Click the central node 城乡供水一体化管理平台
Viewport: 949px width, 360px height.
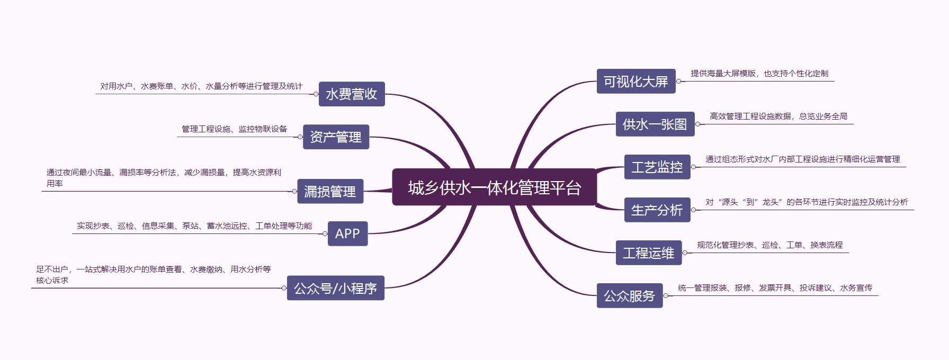tap(494, 187)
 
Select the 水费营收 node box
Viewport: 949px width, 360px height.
tap(352, 94)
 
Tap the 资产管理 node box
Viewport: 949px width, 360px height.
tap(336, 137)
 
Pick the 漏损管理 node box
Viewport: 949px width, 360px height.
tap(330, 191)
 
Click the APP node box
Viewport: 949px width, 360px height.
tap(347, 233)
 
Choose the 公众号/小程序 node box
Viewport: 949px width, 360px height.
tap(335, 288)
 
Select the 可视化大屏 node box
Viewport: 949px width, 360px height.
tap(636, 82)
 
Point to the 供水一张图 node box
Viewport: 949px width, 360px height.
tap(655, 124)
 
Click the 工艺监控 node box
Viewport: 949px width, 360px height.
tap(657, 167)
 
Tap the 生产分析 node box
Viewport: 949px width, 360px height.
tap(657, 210)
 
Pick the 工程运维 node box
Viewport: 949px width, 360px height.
tap(649, 253)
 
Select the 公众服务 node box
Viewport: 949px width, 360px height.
tap(630, 296)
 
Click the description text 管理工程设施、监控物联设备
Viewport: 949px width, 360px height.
tap(234, 129)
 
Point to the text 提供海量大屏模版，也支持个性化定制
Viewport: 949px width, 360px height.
tap(759, 74)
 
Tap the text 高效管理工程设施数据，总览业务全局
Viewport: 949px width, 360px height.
tap(778, 116)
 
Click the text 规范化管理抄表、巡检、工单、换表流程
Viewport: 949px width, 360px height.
tap(769, 245)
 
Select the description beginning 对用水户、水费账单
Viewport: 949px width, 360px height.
tap(201, 86)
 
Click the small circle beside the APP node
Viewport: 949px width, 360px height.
tap(325, 233)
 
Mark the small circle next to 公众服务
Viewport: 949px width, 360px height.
tap(666, 296)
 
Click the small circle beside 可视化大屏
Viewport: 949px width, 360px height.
tap(678, 82)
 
